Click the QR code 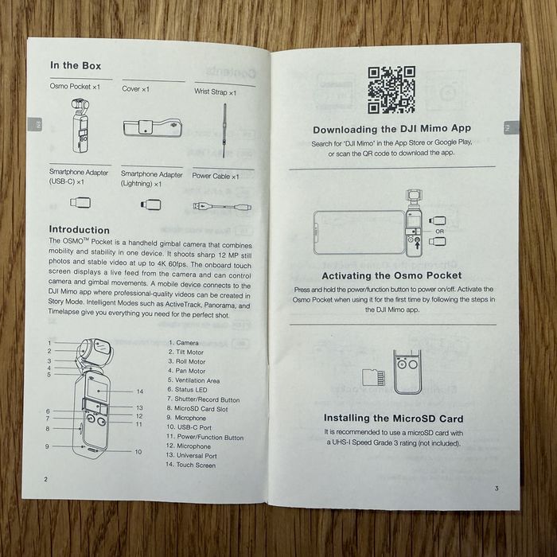pyautogui.click(x=391, y=89)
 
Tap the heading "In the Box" pyautogui.click(x=76, y=65)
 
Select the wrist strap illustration pyautogui.click(x=224, y=126)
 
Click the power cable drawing pyautogui.click(x=222, y=206)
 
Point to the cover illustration pyautogui.click(x=153, y=128)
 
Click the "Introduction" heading pyautogui.click(x=80, y=229)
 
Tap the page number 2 pyautogui.click(x=45, y=479)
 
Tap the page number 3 pyautogui.click(x=497, y=488)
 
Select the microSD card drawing pyautogui.click(x=373, y=377)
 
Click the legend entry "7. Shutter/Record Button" pyautogui.click(x=203, y=399)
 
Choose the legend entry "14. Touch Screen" pyautogui.click(x=190, y=465)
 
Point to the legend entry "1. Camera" pyautogui.click(x=183, y=343)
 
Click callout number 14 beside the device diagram pyautogui.click(x=140, y=391)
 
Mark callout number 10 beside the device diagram pyautogui.click(x=138, y=452)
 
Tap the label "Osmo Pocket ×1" pyautogui.click(x=75, y=86)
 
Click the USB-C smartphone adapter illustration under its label pyautogui.click(x=80, y=203)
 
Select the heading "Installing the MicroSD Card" pyautogui.click(x=393, y=419)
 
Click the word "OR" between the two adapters pyautogui.click(x=440, y=232)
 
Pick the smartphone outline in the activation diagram pyautogui.click(x=359, y=232)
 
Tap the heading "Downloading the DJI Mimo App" pyautogui.click(x=391, y=129)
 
